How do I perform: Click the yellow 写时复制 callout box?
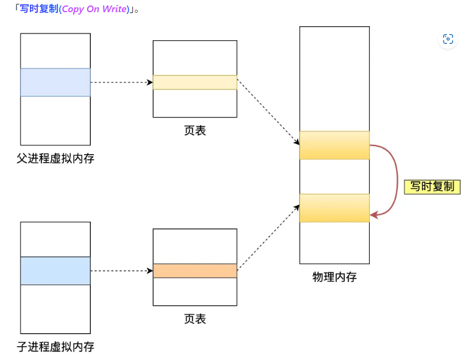(432, 186)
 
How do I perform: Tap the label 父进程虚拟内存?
(55, 158)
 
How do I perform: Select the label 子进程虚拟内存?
(55, 347)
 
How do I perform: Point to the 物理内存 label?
(334, 277)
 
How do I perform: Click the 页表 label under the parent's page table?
(195, 130)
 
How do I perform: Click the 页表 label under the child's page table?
(195, 319)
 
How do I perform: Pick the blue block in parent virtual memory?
(55, 82)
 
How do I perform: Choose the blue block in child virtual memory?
(55, 270)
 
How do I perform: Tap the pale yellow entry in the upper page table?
(195, 82)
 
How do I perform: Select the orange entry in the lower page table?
(195, 270)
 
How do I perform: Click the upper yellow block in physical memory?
(334, 145)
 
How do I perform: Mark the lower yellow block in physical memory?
(334, 208)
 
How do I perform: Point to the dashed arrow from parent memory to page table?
(121, 82)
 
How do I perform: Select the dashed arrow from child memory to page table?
(121, 270)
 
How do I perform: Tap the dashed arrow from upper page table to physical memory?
(268, 113)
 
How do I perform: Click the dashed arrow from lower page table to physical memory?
(268, 238)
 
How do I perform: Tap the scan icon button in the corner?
(448, 39)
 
